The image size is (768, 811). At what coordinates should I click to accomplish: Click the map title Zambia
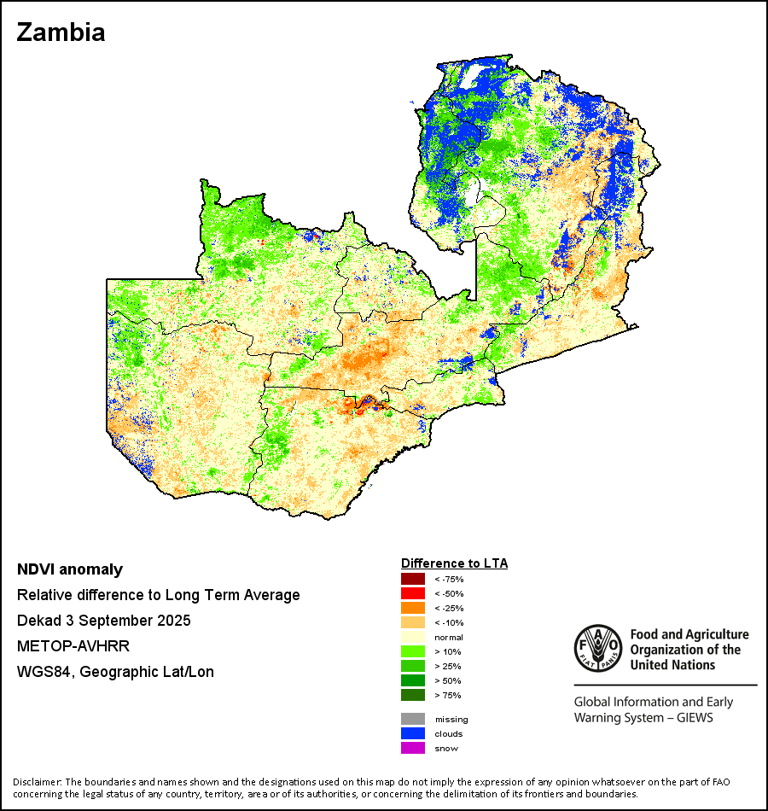[x=61, y=32]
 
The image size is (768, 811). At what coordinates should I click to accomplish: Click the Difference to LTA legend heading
[x=454, y=563]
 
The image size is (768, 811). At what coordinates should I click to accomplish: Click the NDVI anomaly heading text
[x=70, y=569]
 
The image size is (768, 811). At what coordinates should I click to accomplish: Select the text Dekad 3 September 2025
[x=103, y=621]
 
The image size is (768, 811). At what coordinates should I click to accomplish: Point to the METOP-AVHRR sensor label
[x=73, y=646]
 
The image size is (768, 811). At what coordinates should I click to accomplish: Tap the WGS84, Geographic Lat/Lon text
[x=115, y=672]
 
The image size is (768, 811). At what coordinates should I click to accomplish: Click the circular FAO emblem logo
[x=596, y=647]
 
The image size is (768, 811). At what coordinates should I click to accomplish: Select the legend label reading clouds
[x=448, y=734]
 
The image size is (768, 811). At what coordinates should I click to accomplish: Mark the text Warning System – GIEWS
[x=643, y=718]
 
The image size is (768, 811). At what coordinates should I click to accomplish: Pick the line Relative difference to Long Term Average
[x=158, y=595]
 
